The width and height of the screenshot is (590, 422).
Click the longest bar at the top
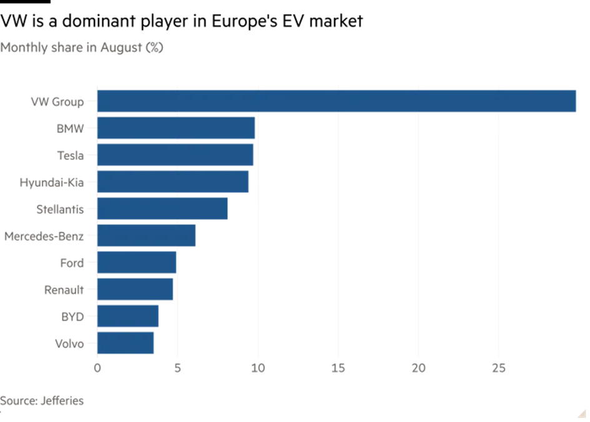(337, 101)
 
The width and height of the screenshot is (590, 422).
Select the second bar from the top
(177, 128)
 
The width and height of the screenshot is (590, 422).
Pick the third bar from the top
(176, 155)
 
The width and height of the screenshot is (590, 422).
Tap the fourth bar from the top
(174, 182)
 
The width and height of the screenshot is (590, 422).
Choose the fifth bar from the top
(164, 208)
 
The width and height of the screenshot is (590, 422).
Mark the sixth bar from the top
(148, 236)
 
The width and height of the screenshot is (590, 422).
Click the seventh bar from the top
(137, 263)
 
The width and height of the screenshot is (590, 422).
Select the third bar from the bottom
(136, 289)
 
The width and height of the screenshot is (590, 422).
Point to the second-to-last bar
(129, 316)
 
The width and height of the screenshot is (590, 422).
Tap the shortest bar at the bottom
(126, 343)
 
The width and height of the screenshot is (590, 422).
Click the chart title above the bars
(82, 48)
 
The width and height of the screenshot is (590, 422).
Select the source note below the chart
(41, 401)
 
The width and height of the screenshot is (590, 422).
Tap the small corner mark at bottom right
(579, 414)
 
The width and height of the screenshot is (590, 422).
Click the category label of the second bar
(69, 128)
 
